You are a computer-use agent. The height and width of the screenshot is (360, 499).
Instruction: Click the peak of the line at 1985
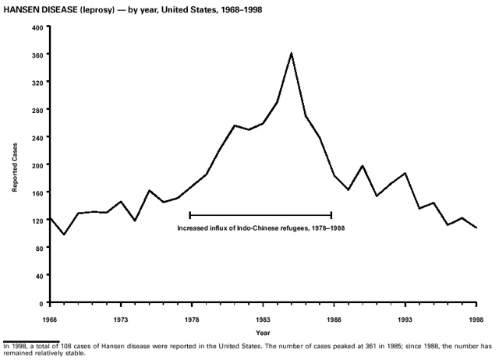[291, 53]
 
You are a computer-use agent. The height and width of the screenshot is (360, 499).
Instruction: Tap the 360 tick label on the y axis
[37, 54]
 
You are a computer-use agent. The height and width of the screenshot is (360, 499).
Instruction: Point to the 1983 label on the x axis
[263, 319]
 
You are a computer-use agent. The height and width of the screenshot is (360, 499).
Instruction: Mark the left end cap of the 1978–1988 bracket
[190, 214]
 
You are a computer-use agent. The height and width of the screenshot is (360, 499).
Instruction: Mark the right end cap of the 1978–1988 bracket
[332, 214]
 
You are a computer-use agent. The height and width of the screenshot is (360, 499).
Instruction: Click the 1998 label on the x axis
[476, 319]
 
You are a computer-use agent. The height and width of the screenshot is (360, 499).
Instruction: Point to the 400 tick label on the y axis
[37, 26]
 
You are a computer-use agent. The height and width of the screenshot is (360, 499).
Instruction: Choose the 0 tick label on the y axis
[41, 302]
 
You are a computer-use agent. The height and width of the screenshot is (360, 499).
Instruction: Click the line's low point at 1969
[64, 235]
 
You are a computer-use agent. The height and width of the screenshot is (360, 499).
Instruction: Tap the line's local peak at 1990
[363, 166]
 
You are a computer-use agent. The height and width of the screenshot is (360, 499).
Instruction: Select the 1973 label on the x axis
[121, 319]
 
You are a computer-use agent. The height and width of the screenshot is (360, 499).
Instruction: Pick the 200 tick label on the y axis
[37, 164]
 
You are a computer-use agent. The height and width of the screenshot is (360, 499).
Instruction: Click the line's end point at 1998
[476, 228]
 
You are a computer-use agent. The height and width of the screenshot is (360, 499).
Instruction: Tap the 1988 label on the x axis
[334, 319]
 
